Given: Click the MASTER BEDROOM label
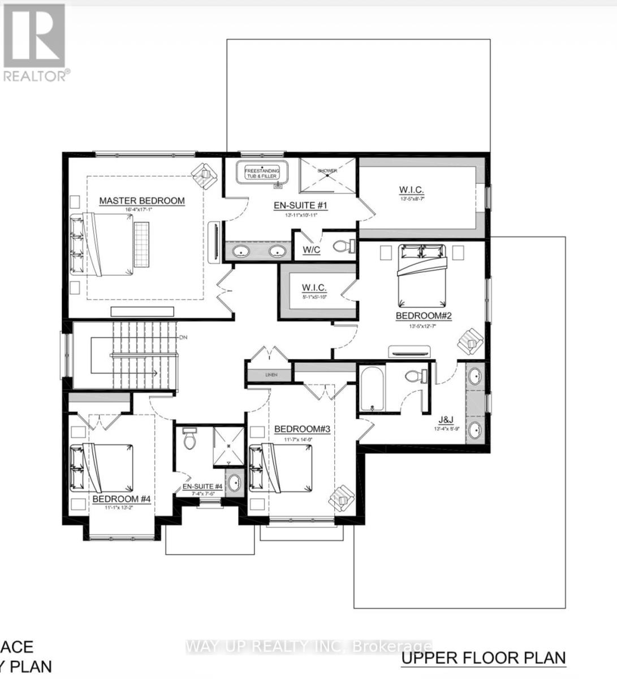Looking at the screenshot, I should (142, 200).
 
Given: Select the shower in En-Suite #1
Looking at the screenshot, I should (327, 176).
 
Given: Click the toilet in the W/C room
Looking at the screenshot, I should (343, 246).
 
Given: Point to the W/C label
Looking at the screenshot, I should (311, 250).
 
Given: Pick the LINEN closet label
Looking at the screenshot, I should (271, 375).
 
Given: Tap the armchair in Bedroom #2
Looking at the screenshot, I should (471, 341).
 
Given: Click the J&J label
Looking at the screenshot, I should (446, 420).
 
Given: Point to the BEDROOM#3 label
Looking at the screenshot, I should (301, 429).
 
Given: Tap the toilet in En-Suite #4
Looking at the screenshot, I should (190, 438).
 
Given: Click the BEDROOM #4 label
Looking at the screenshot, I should (121, 499).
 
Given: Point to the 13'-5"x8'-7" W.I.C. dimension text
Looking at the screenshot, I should (411, 199).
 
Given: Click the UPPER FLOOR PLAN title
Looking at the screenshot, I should (483, 658).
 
